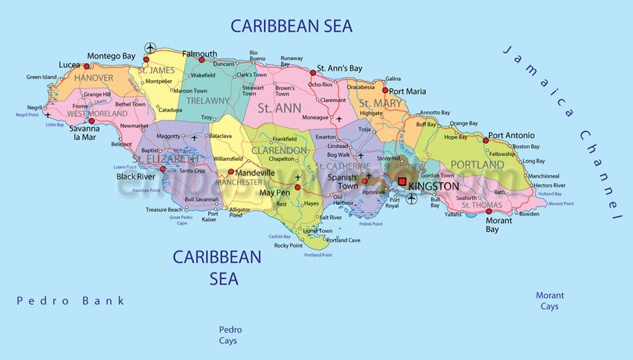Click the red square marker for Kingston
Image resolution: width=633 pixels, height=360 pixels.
point(402,182)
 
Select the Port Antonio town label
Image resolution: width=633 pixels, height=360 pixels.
point(511,135)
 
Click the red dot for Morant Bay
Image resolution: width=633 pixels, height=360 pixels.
point(489,211)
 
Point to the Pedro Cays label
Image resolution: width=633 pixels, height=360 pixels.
point(230,335)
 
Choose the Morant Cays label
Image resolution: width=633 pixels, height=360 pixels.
point(549,301)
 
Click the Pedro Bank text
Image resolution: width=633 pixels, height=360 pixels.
point(71,301)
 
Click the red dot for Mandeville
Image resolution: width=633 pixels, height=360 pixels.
point(231,172)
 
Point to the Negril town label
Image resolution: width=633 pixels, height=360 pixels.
point(34,108)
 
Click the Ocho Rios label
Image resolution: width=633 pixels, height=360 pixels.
point(321,85)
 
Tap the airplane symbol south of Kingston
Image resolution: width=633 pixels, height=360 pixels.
point(411,199)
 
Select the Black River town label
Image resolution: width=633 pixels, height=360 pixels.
point(135,177)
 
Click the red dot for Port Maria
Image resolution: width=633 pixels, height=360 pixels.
point(385,90)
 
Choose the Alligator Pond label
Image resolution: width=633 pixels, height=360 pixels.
point(240,213)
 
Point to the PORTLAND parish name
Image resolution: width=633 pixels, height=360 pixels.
point(477,165)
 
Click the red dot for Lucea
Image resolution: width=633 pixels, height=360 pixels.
point(86,66)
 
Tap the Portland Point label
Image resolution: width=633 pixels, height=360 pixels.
point(318,255)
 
